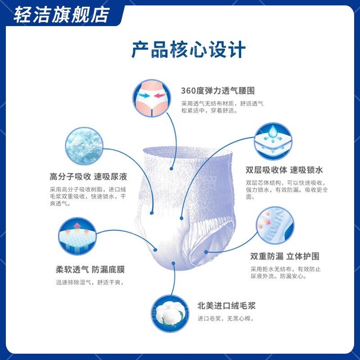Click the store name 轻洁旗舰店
click(x=61, y=14)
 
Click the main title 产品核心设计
click(x=189, y=49)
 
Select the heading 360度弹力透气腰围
click(x=218, y=91)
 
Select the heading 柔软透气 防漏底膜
click(x=90, y=270)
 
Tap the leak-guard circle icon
click(x=275, y=225)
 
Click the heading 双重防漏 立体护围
click(x=285, y=256)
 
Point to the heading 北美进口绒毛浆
click(x=226, y=306)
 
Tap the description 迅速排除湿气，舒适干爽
click(x=89, y=283)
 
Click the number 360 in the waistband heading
click(x=187, y=91)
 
